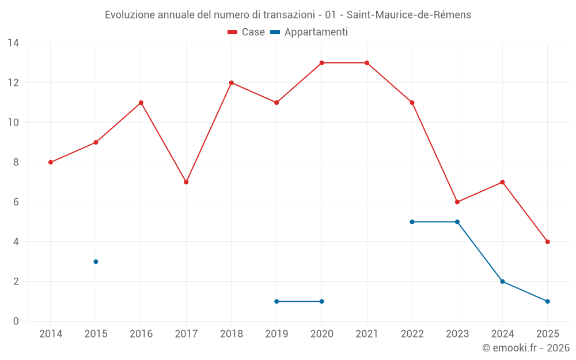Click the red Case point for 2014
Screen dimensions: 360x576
51,162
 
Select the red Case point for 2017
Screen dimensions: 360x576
186,182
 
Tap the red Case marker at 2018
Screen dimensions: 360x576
232,83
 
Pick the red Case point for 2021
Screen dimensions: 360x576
367,63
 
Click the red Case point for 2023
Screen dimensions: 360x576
457,202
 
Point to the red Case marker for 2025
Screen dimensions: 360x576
547,242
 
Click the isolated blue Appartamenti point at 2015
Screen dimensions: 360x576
96,262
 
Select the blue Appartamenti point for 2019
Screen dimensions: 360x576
276,301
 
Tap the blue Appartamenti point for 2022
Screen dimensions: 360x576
412,222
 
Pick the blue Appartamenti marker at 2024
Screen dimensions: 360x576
502,282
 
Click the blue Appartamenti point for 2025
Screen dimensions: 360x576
547,301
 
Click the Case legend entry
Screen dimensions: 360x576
247,32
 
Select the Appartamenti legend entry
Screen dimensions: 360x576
309,32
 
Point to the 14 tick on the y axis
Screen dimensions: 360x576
13,43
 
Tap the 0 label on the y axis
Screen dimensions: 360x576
16,321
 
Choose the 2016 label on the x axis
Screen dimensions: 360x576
141,334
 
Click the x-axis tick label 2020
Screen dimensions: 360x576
321,334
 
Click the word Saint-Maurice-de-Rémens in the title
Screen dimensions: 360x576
408,15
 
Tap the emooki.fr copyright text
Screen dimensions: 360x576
526,348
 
